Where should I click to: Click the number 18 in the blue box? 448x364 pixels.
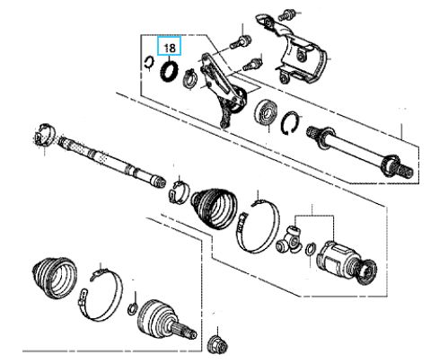pos(170,48)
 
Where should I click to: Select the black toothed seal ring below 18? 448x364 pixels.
pos(169,70)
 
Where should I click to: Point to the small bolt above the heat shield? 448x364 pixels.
pos(287,13)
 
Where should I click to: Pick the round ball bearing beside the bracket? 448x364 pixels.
pos(266,113)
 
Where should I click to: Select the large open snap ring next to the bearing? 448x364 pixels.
pos(291,123)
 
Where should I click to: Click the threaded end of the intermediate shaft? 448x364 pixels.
pos(405,170)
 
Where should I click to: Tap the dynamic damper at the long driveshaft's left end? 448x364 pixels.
pos(44,135)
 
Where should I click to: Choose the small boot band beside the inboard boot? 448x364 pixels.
pos(180,191)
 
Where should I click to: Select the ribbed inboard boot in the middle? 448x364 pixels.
pos(214,209)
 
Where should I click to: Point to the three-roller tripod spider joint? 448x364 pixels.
pos(289,240)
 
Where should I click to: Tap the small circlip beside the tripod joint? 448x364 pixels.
pos(311,250)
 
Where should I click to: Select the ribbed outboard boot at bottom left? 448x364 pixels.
pos(54,278)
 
